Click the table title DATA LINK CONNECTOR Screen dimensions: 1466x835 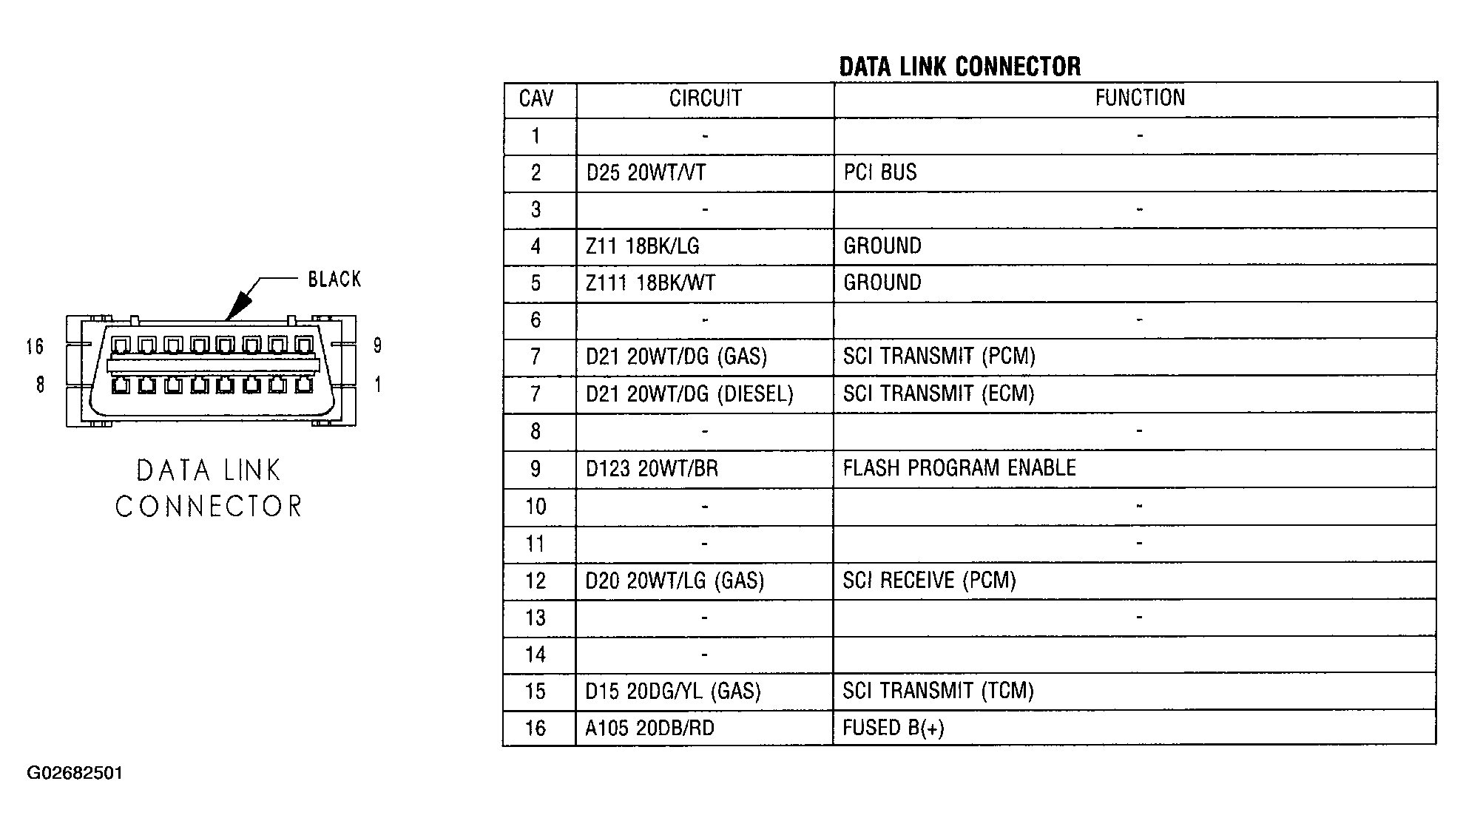click(x=959, y=67)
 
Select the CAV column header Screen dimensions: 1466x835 click(x=536, y=98)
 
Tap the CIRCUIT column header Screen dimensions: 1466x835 click(x=705, y=98)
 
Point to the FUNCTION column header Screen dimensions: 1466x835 click(x=1140, y=98)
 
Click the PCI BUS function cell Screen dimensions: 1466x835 click(x=880, y=172)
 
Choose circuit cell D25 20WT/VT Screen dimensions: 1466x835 click(x=646, y=173)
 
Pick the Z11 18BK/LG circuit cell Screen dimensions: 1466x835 click(x=642, y=246)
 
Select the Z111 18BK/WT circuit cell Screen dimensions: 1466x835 click(x=650, y=283)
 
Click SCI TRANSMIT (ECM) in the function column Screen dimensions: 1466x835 click(x=939, y=393)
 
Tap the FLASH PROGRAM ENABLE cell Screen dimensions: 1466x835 click(x=959, y=468)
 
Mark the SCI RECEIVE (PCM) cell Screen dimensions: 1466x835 click(x=929, y=581)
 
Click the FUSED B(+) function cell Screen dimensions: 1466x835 click(x=894, y=728)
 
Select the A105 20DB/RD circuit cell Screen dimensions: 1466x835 click(x=649, y=728)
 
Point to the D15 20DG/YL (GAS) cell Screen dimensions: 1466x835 click(x=673, y=692)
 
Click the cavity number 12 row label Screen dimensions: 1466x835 click(x=536, y=581)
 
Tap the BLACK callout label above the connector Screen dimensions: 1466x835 click(x=334, y=280)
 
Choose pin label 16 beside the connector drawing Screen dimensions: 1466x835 click(x=35, y=347)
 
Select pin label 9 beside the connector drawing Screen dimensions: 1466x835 click(x=377, y=345)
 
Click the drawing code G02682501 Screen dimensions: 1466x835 click(x=75, y=774)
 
